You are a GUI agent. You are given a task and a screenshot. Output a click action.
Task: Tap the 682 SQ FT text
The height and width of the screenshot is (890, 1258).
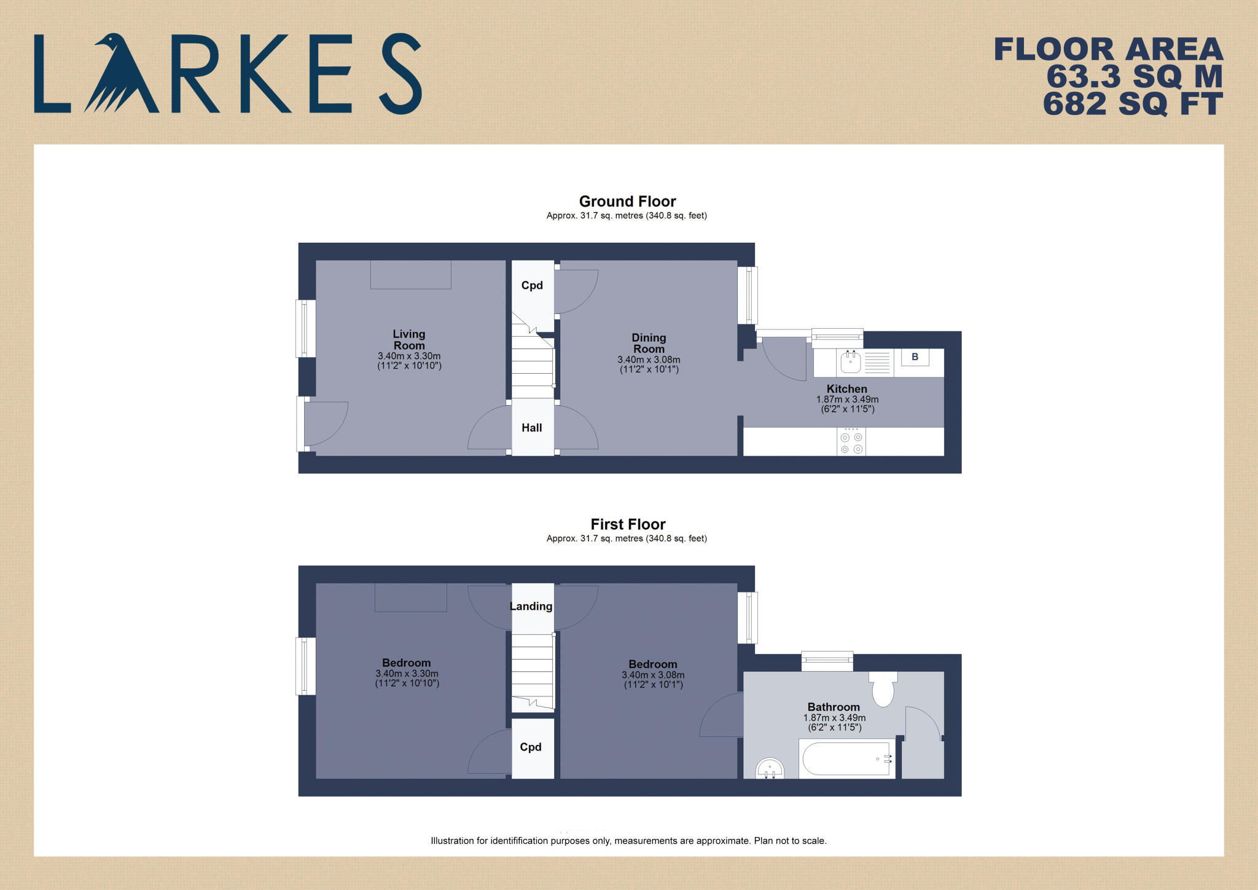point(1132,104)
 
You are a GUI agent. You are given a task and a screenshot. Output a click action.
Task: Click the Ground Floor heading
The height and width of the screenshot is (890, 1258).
point(627,202)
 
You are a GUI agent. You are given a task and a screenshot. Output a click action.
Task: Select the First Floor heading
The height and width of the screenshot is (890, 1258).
point(628,524)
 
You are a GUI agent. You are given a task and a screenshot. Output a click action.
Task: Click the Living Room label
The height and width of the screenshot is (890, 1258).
point(409,340)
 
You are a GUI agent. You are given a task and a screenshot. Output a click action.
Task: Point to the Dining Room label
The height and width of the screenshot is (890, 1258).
point(649,343)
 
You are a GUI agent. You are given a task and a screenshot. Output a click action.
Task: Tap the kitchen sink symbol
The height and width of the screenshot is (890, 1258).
point(851,362)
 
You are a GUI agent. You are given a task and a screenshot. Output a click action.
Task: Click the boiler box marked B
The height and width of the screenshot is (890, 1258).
point(915,357)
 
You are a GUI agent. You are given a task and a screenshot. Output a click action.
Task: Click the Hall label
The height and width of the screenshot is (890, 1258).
point(532,428)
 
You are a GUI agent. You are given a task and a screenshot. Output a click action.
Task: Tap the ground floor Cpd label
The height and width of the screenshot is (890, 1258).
point(532,285)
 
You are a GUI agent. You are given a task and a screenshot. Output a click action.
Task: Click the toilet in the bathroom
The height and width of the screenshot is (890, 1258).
point(883,689)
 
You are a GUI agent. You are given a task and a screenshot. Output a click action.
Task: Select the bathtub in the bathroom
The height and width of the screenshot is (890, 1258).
point(846,759)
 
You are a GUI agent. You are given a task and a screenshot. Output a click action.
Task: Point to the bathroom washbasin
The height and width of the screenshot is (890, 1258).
point(770,768)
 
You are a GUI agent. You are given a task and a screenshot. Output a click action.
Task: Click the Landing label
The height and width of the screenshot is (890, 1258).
point(531,607)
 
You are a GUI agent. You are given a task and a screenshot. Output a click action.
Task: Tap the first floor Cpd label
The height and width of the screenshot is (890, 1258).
point(531,747)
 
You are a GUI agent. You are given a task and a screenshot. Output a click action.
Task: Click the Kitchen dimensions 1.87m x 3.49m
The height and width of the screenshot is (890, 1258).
point(847,400)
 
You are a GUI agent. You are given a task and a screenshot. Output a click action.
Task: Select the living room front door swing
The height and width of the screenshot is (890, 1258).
point(324,423)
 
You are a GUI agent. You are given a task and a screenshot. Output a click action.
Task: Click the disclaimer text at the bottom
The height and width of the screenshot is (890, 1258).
point(628,841)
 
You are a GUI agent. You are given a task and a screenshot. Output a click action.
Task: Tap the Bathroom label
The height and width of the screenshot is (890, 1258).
point(834,707)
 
